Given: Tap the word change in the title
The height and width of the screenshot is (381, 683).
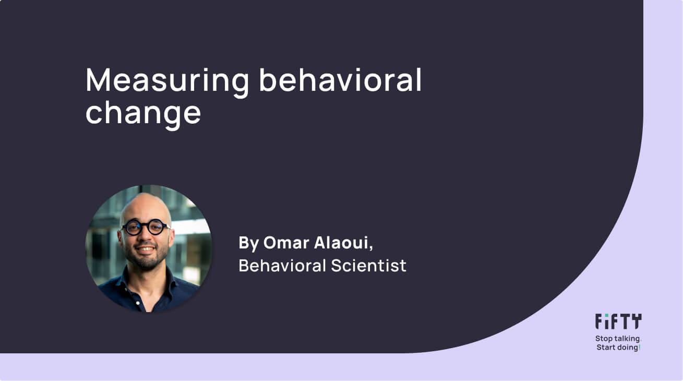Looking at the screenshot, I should coord(143,113).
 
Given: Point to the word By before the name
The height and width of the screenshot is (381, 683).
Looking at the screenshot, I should coord(248,243).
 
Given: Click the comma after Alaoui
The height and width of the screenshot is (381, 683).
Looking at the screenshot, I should coord(371,247).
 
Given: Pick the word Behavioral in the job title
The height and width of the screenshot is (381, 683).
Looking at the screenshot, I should coord(282,266).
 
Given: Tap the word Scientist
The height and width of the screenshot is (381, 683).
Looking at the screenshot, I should coord(368,266).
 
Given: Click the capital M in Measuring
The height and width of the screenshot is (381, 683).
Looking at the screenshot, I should coord(99,80).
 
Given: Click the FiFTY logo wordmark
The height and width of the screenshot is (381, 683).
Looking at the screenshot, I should coord(618,322).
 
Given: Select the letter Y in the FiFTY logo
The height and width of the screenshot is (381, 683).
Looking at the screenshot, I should coord(636,322).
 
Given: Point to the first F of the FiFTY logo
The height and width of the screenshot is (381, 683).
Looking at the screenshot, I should coord(600,322).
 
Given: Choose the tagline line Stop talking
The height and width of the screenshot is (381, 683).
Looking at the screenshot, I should coord(617,339).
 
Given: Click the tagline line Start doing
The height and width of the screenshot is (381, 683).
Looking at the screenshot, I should coord(617,348).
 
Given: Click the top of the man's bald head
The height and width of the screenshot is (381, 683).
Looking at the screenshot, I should coord(146,198).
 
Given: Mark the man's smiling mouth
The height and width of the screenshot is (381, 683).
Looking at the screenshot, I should coord(146,250).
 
